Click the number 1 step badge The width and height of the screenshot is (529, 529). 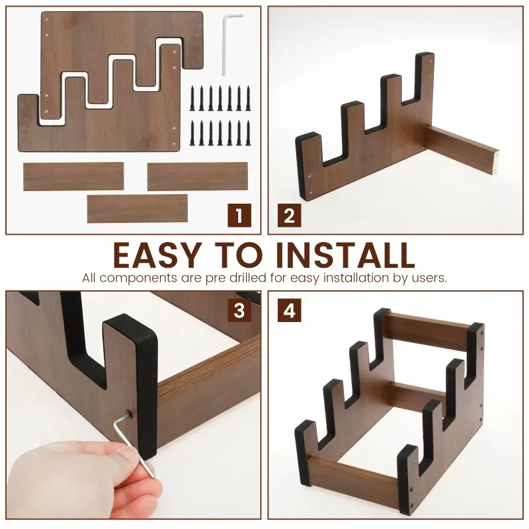239,216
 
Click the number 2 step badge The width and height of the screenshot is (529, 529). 290,216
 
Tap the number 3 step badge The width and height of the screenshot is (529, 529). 239,310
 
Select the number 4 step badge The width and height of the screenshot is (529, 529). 290,310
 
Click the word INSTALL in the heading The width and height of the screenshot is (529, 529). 345,255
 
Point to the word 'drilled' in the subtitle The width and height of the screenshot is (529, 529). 249,278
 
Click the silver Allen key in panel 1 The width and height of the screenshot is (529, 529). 227,44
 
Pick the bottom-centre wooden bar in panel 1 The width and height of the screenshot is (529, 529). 138,208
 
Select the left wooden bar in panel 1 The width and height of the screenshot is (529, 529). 73,177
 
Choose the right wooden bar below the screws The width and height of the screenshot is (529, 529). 198,177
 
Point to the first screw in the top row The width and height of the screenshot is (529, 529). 192,98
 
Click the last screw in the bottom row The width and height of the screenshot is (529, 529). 249,133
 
